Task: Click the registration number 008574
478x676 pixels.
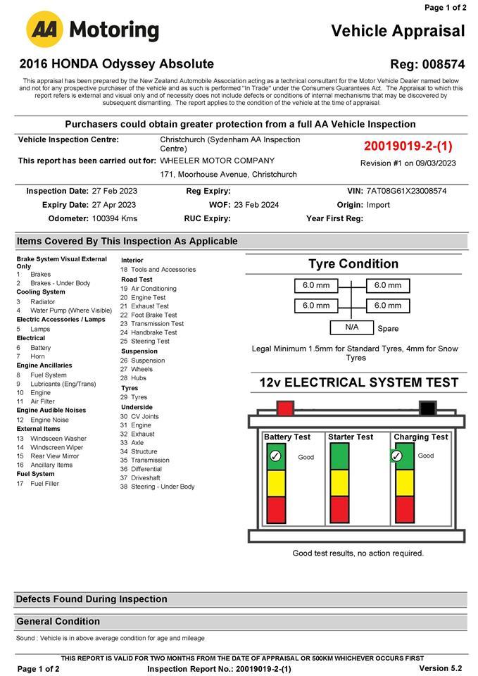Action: pos(444,64)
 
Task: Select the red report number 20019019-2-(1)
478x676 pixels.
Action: pos(408,146)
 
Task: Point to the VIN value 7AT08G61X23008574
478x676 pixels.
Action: pos(406,191)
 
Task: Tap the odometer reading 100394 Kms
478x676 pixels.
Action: pos(115,218)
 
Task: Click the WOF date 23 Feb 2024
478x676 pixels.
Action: pos(256,205)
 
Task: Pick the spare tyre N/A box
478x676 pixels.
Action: pos(351,327)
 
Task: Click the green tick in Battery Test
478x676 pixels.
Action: pos(275,456)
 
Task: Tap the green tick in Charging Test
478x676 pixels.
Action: pos(396,456)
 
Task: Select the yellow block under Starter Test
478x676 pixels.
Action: pos(339,482)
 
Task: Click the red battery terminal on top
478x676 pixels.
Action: pos(285,408)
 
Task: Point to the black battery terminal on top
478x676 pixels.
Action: pos(427,408)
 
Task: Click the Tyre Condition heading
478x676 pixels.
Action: pos(353,264)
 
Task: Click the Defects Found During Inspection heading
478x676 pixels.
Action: pos(92,599)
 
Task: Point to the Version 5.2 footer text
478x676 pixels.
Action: pos(440,668)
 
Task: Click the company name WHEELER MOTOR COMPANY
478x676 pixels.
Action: pos(217,161)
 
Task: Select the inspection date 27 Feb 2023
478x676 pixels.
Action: pos(114,191)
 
